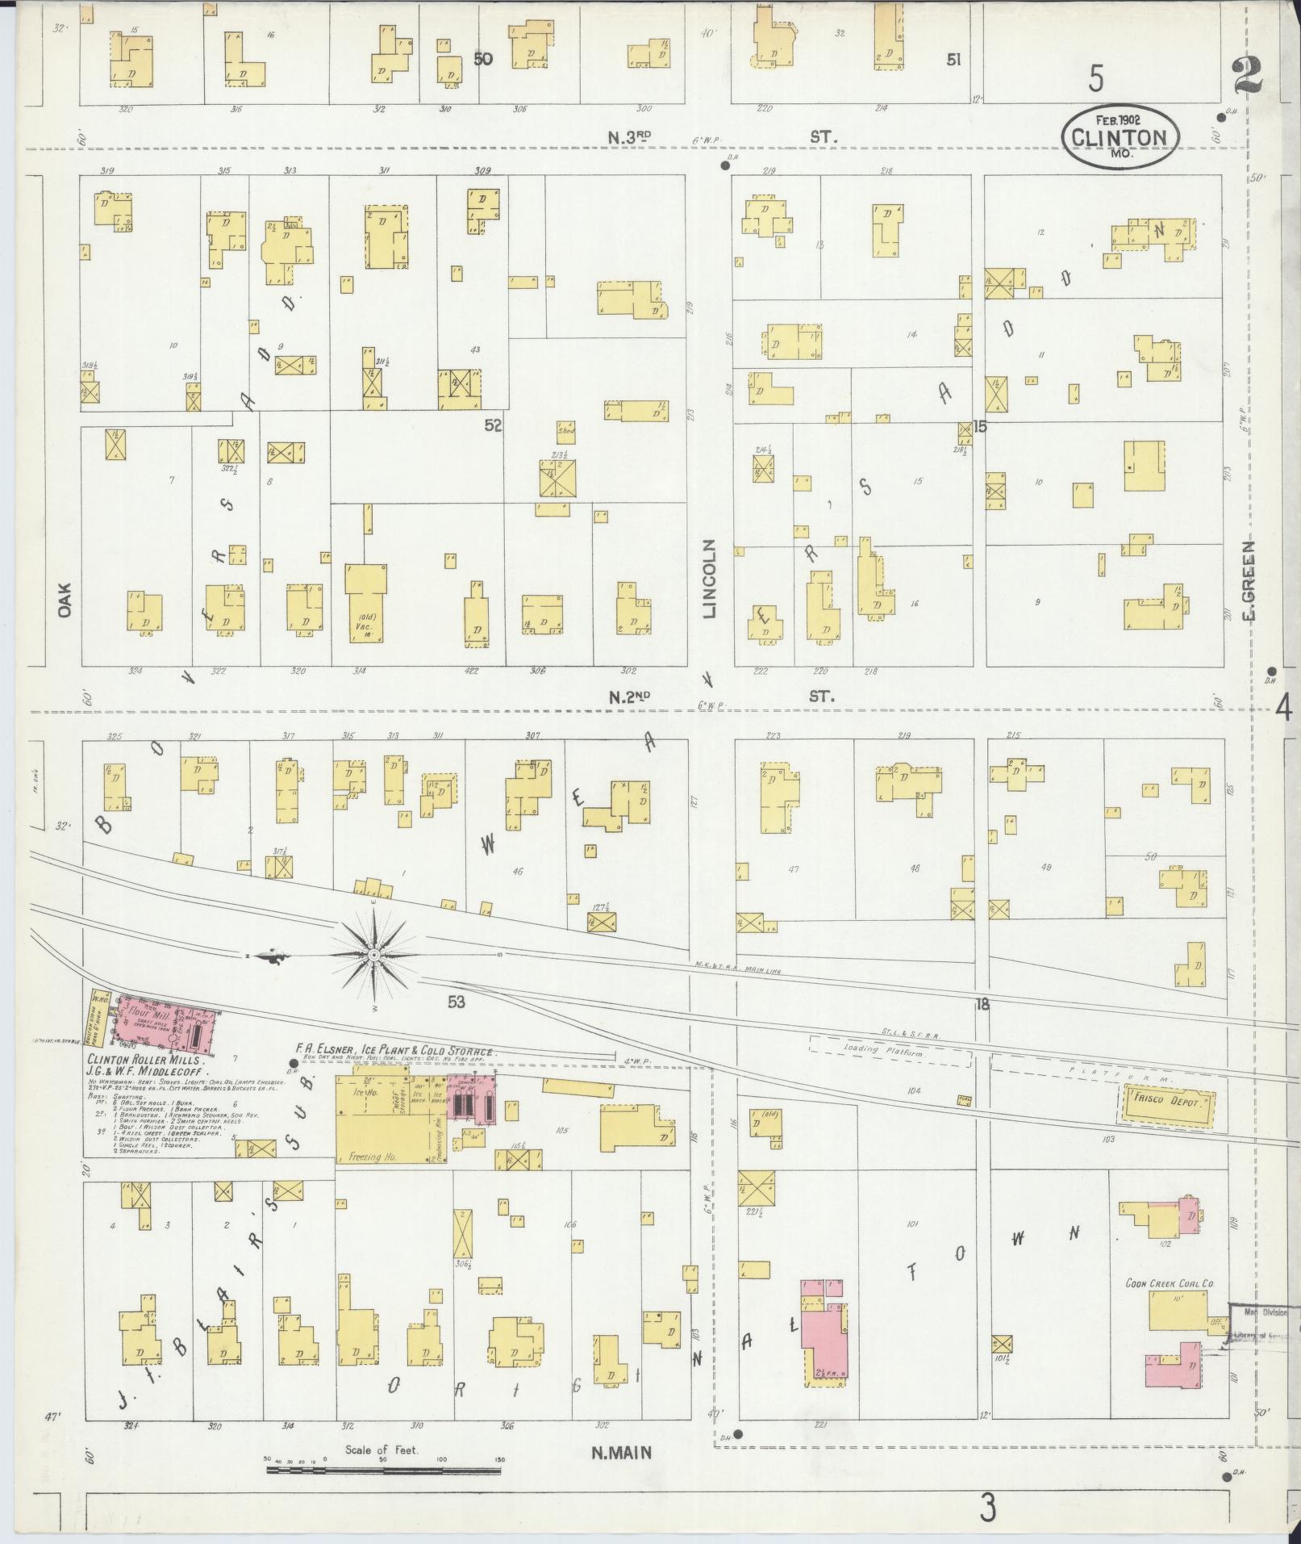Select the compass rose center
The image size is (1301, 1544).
pyautogui.click(x=374, y=956)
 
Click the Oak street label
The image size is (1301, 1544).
pyautogui.click(x=65, y=600)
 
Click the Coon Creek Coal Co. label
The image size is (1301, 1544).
pyautogui.click(x=1170, y=1282)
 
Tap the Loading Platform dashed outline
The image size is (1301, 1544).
pyautogui.click(x=890, y=1052)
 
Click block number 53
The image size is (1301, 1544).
pyautogui.click(x=457, y=1002)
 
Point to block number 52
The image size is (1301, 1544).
pyautogui.click(x=493, y=425)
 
